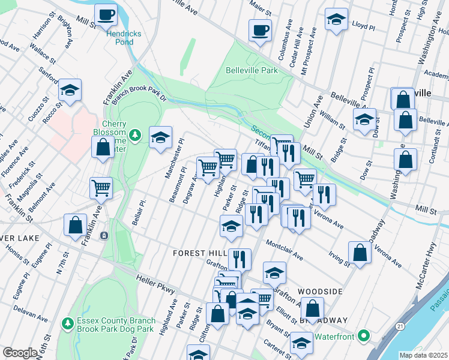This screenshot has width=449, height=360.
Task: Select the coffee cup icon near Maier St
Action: coord(261,30)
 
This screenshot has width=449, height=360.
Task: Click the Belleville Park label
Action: coord(252,70)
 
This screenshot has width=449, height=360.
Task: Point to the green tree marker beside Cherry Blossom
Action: coord(136,133)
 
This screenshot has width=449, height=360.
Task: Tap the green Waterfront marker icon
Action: coord(364,335)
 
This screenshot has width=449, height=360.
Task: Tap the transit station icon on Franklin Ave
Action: coord(104,235)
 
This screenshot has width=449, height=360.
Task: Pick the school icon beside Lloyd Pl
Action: coord(336,20)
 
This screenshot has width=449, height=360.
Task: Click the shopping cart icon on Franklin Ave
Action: coord(101,188)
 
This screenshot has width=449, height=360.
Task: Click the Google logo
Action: coord(20,353)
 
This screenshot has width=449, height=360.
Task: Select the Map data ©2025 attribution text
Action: coord(423,355)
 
